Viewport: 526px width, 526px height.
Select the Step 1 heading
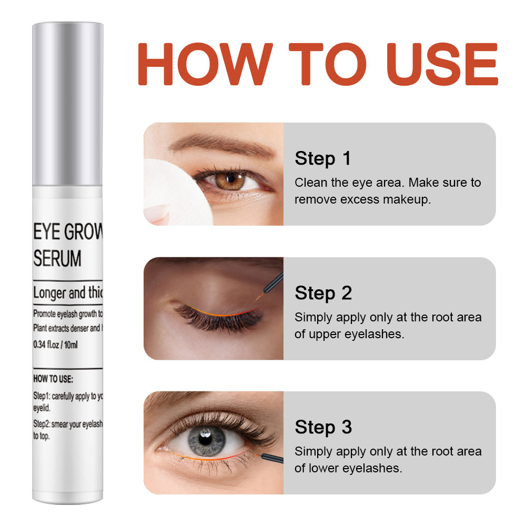pos(322,158)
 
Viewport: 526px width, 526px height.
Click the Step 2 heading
pos(323,293)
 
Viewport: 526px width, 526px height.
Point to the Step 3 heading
pos(323,427)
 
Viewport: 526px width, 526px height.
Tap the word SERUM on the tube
pos(58,258)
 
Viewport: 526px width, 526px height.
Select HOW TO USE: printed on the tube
pos(53,378)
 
